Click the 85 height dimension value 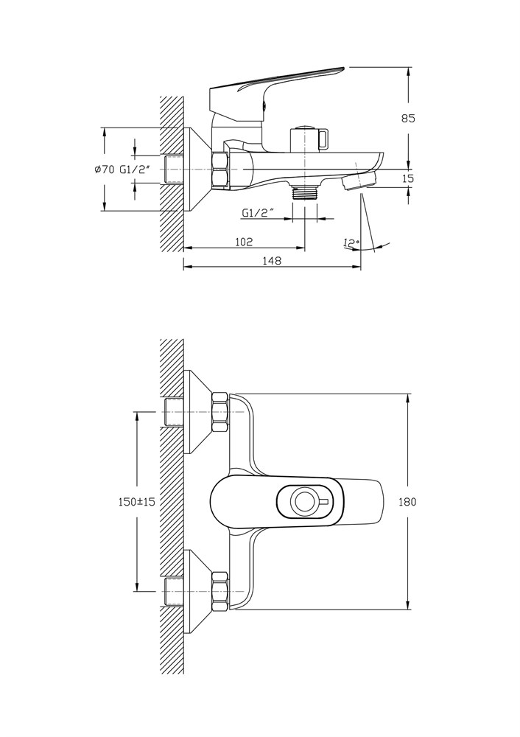click(x=409, y=119)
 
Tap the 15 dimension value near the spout click(x=409, y=178)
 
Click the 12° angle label click(x=351, y=242)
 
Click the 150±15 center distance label click(x=136, y=502)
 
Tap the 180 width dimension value click(x=407, y=502)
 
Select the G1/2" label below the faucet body click(x=257, y=214)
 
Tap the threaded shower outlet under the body click(x=305, y=192)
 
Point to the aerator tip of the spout click(x=358, y=182)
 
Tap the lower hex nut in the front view click(x=220, y=591)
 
